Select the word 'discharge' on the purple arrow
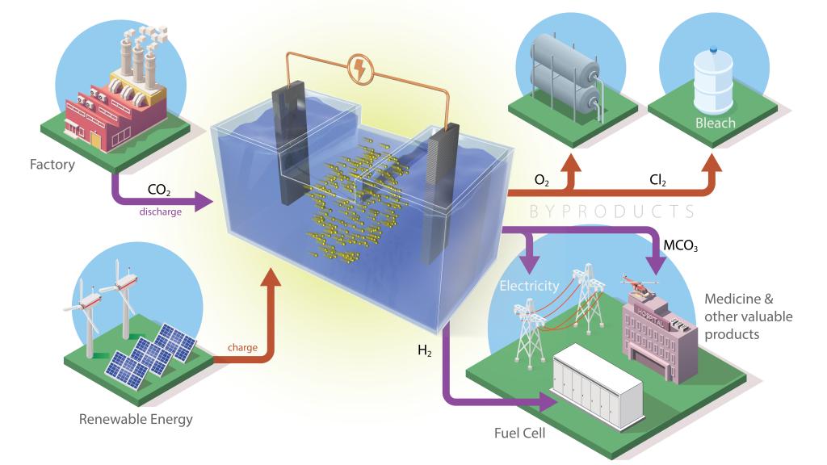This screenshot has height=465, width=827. pyautogui.click(x=160, y=212)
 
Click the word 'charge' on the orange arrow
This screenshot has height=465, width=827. pyautogui.click(x=243, y=348)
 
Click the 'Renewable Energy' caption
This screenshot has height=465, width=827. pyautogui.click(x=136, y=420)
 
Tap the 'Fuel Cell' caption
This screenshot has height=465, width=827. pyautogui.click(x=519, y=434)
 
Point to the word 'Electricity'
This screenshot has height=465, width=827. pyautogui.click(x=529, y=285)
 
